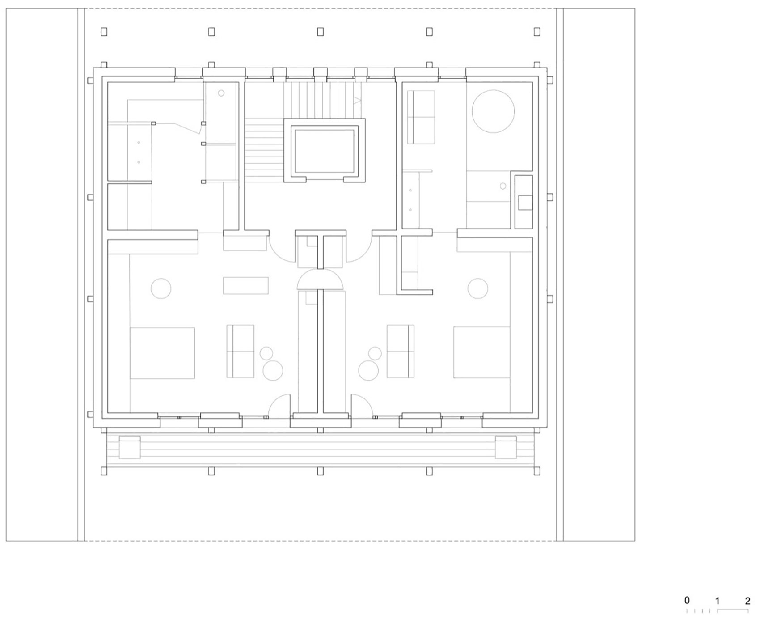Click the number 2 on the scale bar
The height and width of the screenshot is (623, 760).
point(747,601)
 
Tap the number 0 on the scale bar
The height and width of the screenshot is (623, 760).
point(687,600)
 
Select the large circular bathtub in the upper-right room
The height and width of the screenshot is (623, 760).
point(493,111)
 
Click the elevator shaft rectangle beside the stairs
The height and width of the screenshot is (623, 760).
point(325,150)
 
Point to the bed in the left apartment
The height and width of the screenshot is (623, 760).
point(162,353)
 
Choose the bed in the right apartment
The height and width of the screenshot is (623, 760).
point(481,352)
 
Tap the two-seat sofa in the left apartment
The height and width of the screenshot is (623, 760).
point(241,351)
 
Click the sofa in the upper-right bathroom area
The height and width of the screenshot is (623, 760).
point(421,117)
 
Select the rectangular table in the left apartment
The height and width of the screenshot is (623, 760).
point(246,285)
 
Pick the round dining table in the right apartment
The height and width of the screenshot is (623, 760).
point(477,288)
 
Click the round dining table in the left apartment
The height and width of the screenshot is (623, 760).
point(161,288)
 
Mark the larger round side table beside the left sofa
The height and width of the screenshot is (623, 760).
point(272,370)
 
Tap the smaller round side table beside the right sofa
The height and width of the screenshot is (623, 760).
point(375,353)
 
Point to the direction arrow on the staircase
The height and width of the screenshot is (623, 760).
point(357,101)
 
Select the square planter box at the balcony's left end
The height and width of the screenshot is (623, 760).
point(130,447)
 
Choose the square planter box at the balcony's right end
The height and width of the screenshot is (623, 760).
point(506,447)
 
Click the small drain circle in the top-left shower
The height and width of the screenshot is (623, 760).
point(221,93)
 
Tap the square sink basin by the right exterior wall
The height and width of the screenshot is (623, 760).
point(525,203)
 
